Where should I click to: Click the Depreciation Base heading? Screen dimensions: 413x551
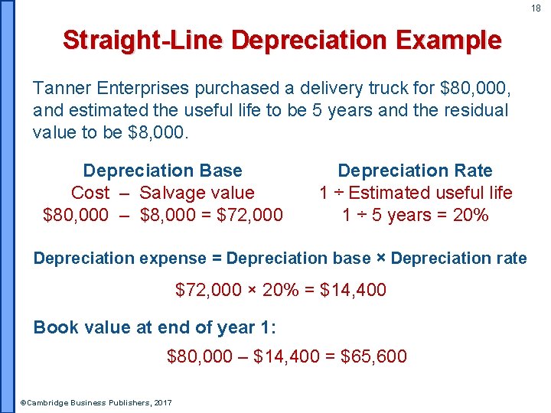point(162,171)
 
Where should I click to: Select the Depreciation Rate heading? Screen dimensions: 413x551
point(415,171)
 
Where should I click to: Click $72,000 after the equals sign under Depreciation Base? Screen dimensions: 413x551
point(249,215)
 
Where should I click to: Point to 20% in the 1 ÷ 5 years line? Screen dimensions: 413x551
point(470,215)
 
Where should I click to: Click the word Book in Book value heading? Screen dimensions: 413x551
point(56,327)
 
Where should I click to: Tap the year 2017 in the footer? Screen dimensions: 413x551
point(162,402)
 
